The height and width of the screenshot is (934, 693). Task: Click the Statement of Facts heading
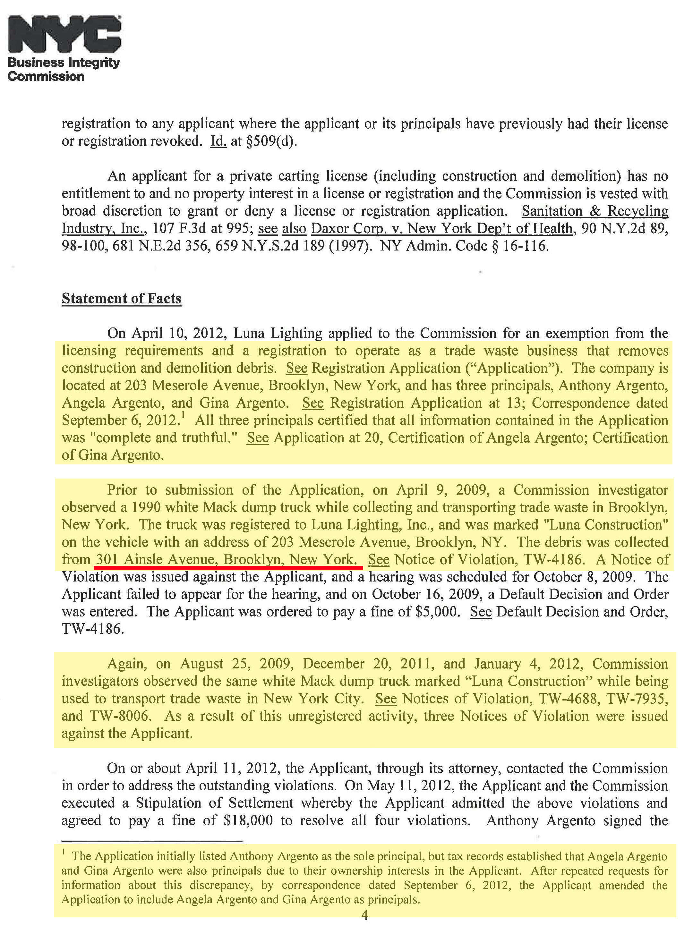point(121,298)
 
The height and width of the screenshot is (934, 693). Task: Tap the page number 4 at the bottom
point(364,915)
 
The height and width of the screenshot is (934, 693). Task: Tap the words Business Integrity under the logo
point(64,63)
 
